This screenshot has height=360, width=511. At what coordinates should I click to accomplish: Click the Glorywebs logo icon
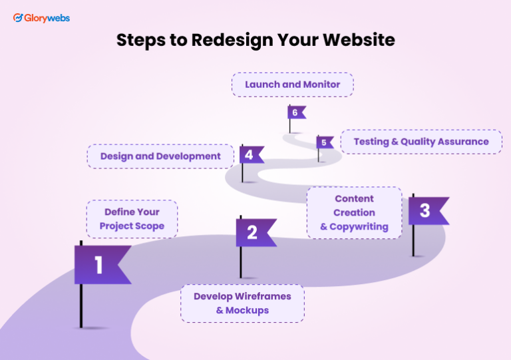(19, 18)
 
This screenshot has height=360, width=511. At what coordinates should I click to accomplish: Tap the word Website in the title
(359, 40)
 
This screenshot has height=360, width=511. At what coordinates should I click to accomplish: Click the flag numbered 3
(426, 211)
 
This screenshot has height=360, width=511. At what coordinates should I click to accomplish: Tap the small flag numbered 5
(325, 142)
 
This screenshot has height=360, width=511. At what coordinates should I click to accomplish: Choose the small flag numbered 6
(296, 112)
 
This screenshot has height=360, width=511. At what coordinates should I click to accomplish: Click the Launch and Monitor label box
(292, 85)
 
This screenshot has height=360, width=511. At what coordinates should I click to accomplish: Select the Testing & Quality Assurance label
(421, 142)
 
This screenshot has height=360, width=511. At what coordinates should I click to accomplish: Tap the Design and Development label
(160, 156)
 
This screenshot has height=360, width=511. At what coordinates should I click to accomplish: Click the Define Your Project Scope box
(132, 219)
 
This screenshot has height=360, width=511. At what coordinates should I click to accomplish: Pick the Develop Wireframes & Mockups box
(242, 303)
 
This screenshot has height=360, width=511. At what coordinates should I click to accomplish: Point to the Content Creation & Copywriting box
(354, 212)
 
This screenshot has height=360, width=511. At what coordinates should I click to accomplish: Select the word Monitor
(321, 85)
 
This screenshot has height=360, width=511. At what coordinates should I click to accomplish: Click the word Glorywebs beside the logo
(47, 18)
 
